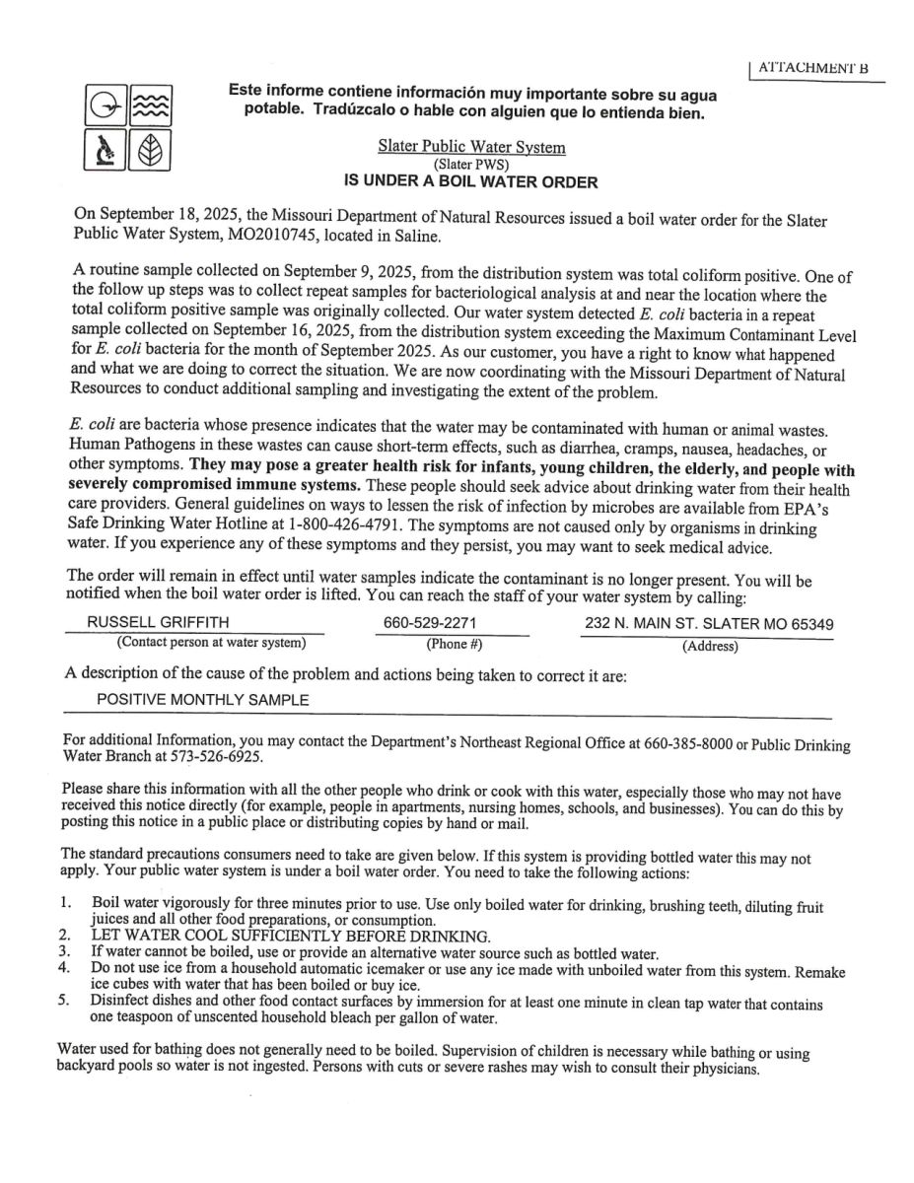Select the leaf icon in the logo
point(149,149)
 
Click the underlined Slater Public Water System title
point(472,147)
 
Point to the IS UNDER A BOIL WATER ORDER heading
point(470,181)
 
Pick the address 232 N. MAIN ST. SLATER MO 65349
point(709,623)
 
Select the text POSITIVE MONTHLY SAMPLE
point(202,700)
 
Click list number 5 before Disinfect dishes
point(65,1001)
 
